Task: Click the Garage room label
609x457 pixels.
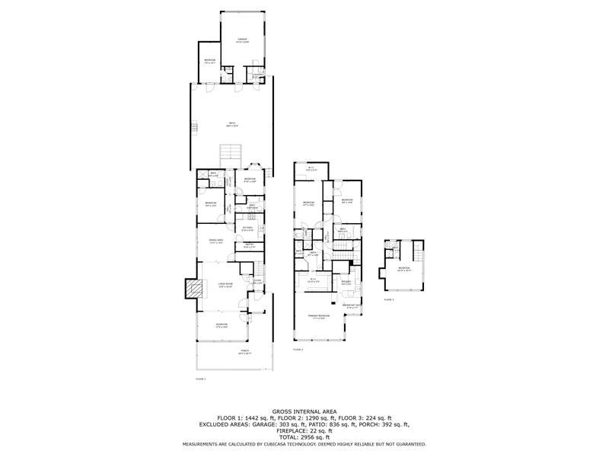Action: pos(242,40)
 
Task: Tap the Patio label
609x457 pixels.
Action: pos(232,125)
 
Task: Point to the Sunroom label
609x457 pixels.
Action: pos(222,326)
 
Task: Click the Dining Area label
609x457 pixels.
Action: pos(215,241)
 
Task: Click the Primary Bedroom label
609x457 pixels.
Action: pos(318,316)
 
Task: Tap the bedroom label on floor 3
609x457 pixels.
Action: pos(403,269)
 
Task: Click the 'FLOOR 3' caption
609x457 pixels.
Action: pos(388,300)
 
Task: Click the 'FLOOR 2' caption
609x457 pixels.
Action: pos(298,350)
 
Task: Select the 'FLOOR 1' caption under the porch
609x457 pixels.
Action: pos(201,378)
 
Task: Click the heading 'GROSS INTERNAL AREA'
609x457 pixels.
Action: pos(304,411)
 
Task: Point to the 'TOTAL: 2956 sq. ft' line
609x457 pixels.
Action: pos(304,436)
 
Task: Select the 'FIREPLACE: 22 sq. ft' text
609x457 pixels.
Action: pos(304,430)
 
